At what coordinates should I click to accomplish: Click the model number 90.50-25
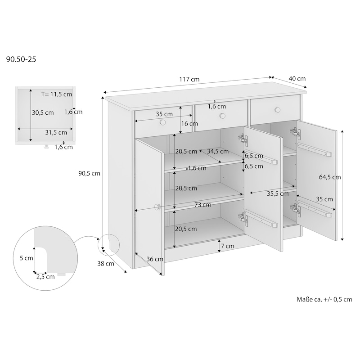[21, 59]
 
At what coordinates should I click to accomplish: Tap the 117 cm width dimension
[189, 80]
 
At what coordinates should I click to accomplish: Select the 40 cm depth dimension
[297, 79]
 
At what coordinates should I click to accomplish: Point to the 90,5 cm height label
[89, 174]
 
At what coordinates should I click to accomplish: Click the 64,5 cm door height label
[330, 177]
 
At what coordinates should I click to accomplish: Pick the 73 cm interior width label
[203, 205]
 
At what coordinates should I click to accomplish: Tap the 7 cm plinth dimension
[228, 246]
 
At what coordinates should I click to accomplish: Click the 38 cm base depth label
[106, 264]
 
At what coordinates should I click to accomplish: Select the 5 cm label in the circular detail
[27, 258]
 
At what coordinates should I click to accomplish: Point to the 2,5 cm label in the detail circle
[45, 277]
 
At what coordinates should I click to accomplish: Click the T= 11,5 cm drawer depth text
[57, 94]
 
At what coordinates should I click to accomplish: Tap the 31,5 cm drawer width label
[56, 132]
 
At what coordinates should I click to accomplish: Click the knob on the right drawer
[278, 110]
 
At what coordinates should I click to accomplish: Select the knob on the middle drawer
[222, 116]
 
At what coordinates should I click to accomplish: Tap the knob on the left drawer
[162, 122]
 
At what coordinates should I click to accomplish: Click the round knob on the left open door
[157, 207]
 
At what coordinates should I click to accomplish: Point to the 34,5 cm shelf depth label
[218, 152]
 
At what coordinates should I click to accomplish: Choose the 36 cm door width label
[155, 259]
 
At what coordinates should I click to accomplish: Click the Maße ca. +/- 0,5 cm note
[324, 299]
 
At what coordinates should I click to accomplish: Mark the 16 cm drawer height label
[189, 124]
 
